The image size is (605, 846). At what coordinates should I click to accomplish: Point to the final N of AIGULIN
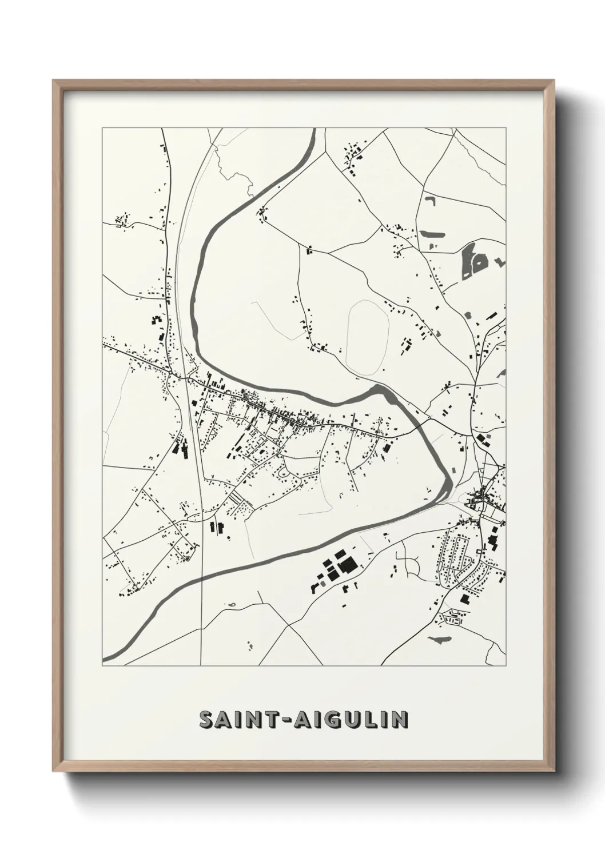coord(400,720)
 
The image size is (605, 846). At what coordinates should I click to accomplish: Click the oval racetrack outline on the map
coord(368,337)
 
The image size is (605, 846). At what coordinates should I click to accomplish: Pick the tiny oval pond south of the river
coord(232,604)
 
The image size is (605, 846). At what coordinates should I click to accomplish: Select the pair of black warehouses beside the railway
coord(181,448)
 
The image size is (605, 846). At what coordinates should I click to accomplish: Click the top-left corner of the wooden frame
coord(54,81)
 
